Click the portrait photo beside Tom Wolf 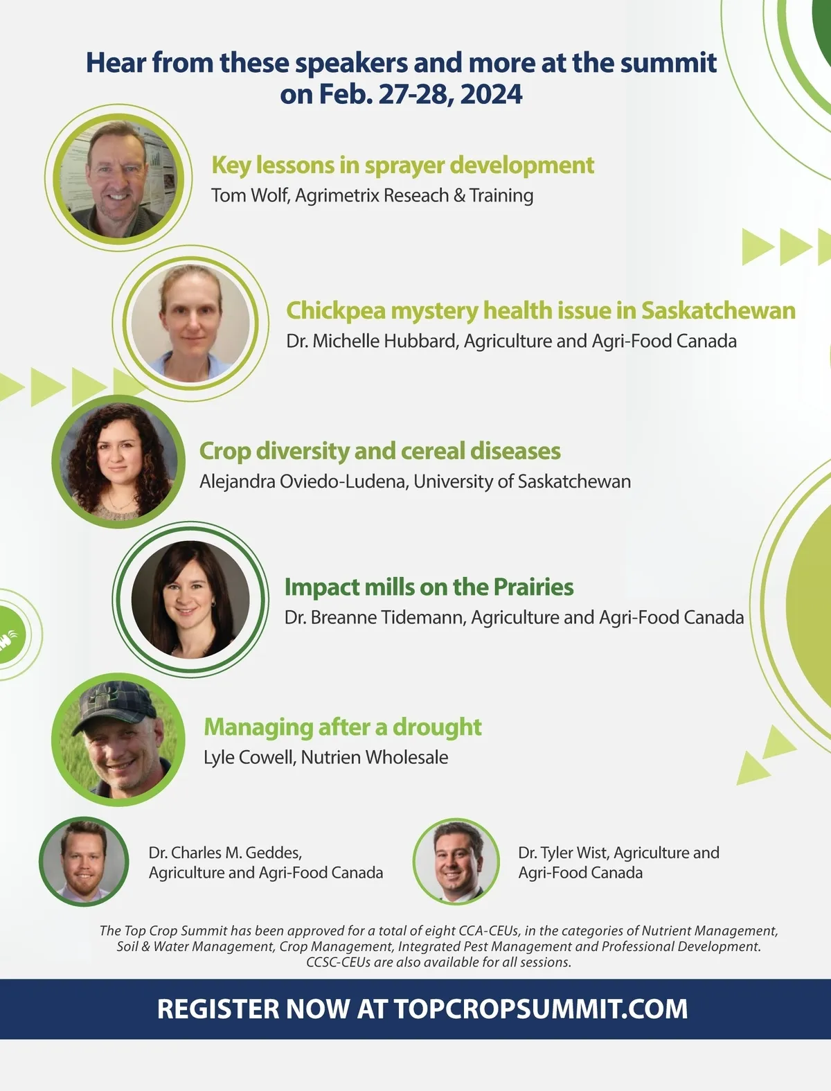pyautogui.click(x=118, y=178)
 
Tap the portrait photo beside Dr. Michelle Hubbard pyautogui.click(x=190, y=323)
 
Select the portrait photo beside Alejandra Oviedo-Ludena pyautogui.click(x=118, y=461)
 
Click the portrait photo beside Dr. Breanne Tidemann pyautogui.click(x=190, y=599)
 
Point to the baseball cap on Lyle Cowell pyautogui.click(x=115, y=706)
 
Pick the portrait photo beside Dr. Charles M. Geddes pyautogui.click(x=84, y=861)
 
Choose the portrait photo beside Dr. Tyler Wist pyautogui.click(x=456, y=861)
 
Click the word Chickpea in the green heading pyautogui.click(x=336, y=311)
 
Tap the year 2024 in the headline pyautogui.click(x=491, y=94)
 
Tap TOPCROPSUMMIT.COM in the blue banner pyautogui.click(x=541, y=1009)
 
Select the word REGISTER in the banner pyautogui.click(x=218, y=1009)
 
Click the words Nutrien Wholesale pyautogui.click(x=375, y=757)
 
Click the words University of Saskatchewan pyautogui.click(x=522, y=481)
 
